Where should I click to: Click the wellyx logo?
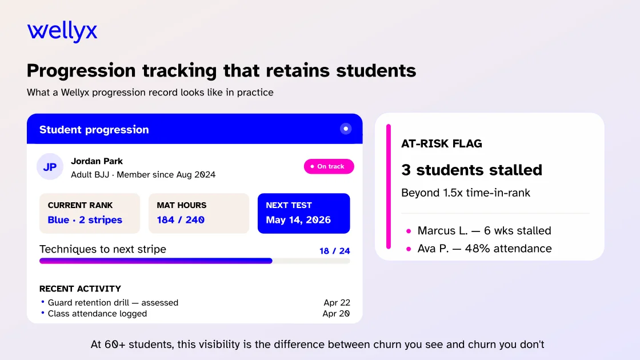[62, 31]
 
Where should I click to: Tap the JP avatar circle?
[50, 166]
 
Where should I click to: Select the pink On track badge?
[329, 166]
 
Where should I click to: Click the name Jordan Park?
[97, 161]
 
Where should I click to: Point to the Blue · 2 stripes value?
[85, 219]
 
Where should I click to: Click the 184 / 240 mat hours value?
[181, 219]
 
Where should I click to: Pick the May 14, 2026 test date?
[298, 219]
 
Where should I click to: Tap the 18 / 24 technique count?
[335, 251]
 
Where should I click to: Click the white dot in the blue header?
[346, 129]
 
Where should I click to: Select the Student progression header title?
[94, 129]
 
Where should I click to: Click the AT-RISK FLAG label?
[442, 143]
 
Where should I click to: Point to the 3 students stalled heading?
[471, 170]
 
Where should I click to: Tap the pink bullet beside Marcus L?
[409, 231]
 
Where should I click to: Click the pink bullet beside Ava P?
[409, 249]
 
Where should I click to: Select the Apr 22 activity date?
[337, 302]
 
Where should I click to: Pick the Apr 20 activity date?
[337, 314]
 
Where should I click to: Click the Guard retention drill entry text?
[113, 302]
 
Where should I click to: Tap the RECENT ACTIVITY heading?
[80, 289]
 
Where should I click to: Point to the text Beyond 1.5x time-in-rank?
[466, 193]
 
